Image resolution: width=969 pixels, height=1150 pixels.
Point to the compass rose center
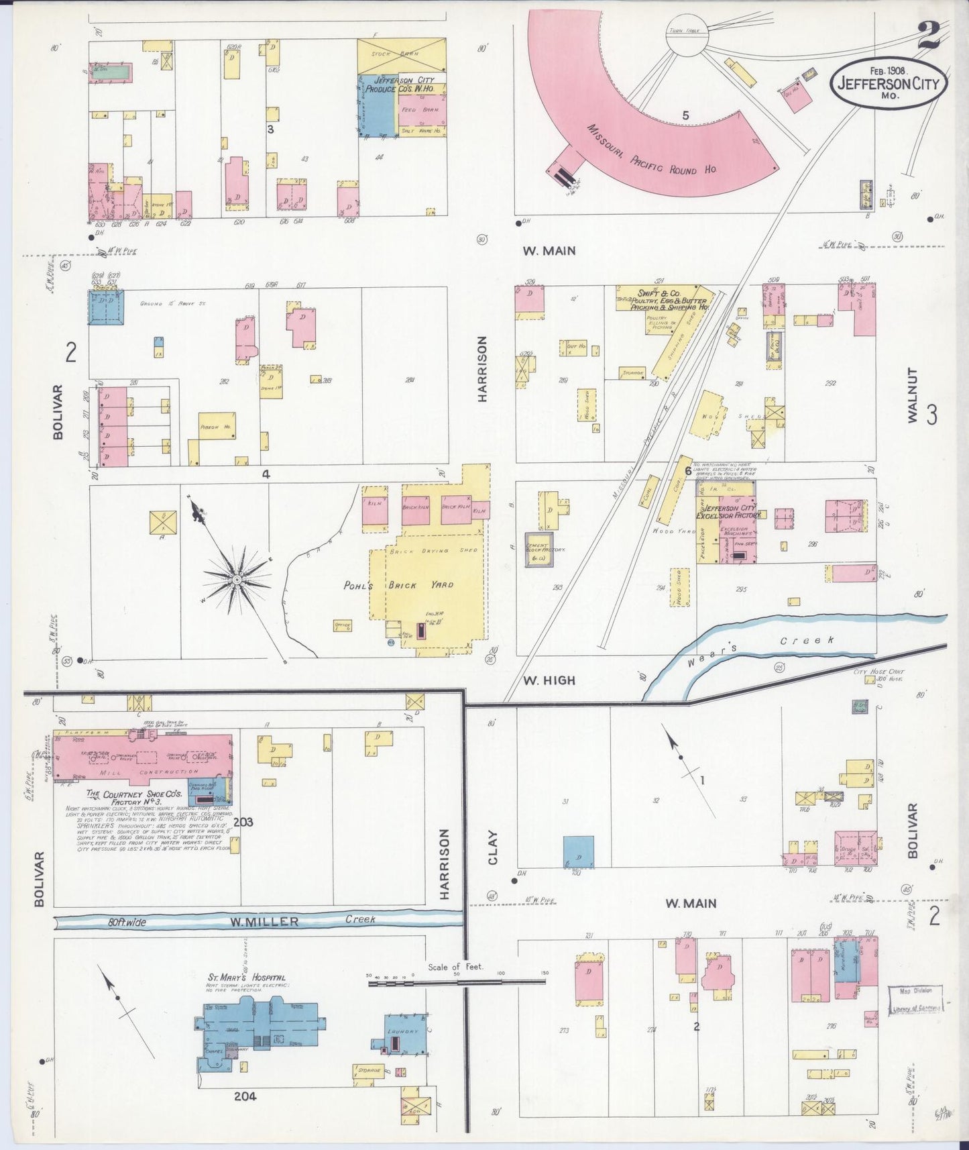click(237, 578)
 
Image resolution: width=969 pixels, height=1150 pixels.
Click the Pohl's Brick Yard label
click(399, 585)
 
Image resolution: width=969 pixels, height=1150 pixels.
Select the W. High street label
click(549, 680)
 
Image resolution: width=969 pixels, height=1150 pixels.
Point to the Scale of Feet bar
click(457, 982)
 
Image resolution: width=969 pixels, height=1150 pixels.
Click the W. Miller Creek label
click(302, 921)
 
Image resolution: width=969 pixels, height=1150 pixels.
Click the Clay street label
click(494, 847)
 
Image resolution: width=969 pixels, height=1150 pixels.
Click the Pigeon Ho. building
click(217, 427)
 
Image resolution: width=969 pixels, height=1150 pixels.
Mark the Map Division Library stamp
click(915, 999)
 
